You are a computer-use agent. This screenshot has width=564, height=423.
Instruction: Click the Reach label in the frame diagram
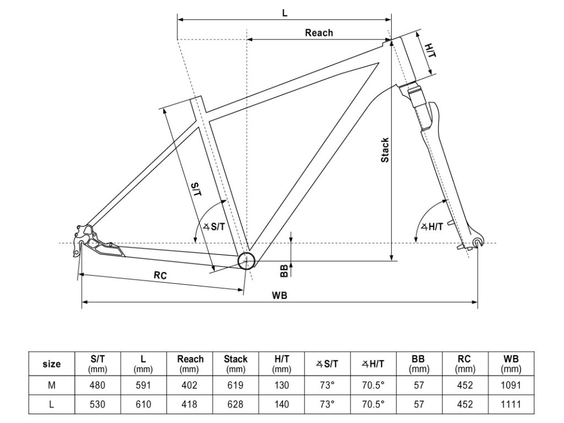pyautogui.click(x=319, y=33)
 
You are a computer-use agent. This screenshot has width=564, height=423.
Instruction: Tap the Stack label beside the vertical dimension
pyautogui.click(x=386, y=150)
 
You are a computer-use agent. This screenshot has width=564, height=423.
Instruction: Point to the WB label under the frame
pyautogui.click(x=279, y=295)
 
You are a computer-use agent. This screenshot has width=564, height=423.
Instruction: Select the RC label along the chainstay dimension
pyautogui.click(x=160, y=275)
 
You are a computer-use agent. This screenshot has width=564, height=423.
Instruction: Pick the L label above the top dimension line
pyautogui.click(x=284, y=12)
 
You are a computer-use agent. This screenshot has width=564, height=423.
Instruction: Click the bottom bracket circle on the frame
pyautogui.click(x=247, y=260)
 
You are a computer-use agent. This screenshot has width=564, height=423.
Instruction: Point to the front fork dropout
pyautogui.click(x=478, y=242)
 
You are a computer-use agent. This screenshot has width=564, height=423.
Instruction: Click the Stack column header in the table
pyautogui.click(x=236, y=364)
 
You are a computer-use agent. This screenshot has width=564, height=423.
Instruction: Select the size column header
pyautogui.click(x=52, y=364)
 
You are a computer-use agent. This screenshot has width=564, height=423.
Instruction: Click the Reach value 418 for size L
pyautogui.click(x=189, y=404)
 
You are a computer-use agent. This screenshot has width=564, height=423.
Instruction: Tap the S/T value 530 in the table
pyautogui.click(x=97, y=404)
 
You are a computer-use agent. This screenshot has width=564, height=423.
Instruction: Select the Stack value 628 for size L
pyautogui.click(x=236, y=404)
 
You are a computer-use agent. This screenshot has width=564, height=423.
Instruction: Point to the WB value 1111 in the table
pyautogui.click(x=511, y=404)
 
